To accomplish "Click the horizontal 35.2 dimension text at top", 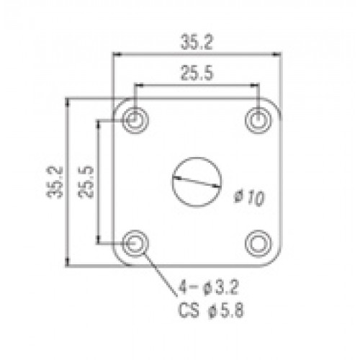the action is [x=197, y=42].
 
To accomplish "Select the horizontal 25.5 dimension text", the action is [x=197, y=73].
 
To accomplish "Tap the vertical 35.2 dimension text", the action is [x=55, y=182].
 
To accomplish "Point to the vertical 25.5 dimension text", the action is [x=86, y=182].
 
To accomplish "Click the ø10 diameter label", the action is [x=249, y=198].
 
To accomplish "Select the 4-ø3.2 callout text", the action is [x=208, y=287].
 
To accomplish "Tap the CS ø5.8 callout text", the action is [x=211, y=310].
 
